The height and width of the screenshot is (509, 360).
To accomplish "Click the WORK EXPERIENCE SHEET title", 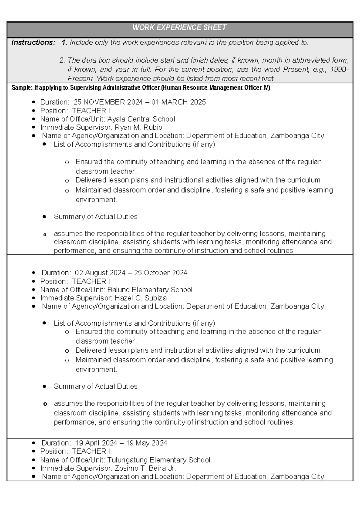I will coord(179,28).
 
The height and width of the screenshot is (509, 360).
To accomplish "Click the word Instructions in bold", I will coord(33,43).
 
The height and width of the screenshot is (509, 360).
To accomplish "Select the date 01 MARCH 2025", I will coord(178,102).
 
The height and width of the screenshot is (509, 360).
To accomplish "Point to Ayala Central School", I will coord(141,119).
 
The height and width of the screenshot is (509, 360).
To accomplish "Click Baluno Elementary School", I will coord(150,290).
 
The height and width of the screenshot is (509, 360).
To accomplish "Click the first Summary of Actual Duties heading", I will coord(95,217).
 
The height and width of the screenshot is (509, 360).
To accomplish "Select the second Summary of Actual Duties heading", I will coord(95,387).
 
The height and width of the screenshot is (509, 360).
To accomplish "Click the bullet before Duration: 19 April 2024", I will coord(34,443).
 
